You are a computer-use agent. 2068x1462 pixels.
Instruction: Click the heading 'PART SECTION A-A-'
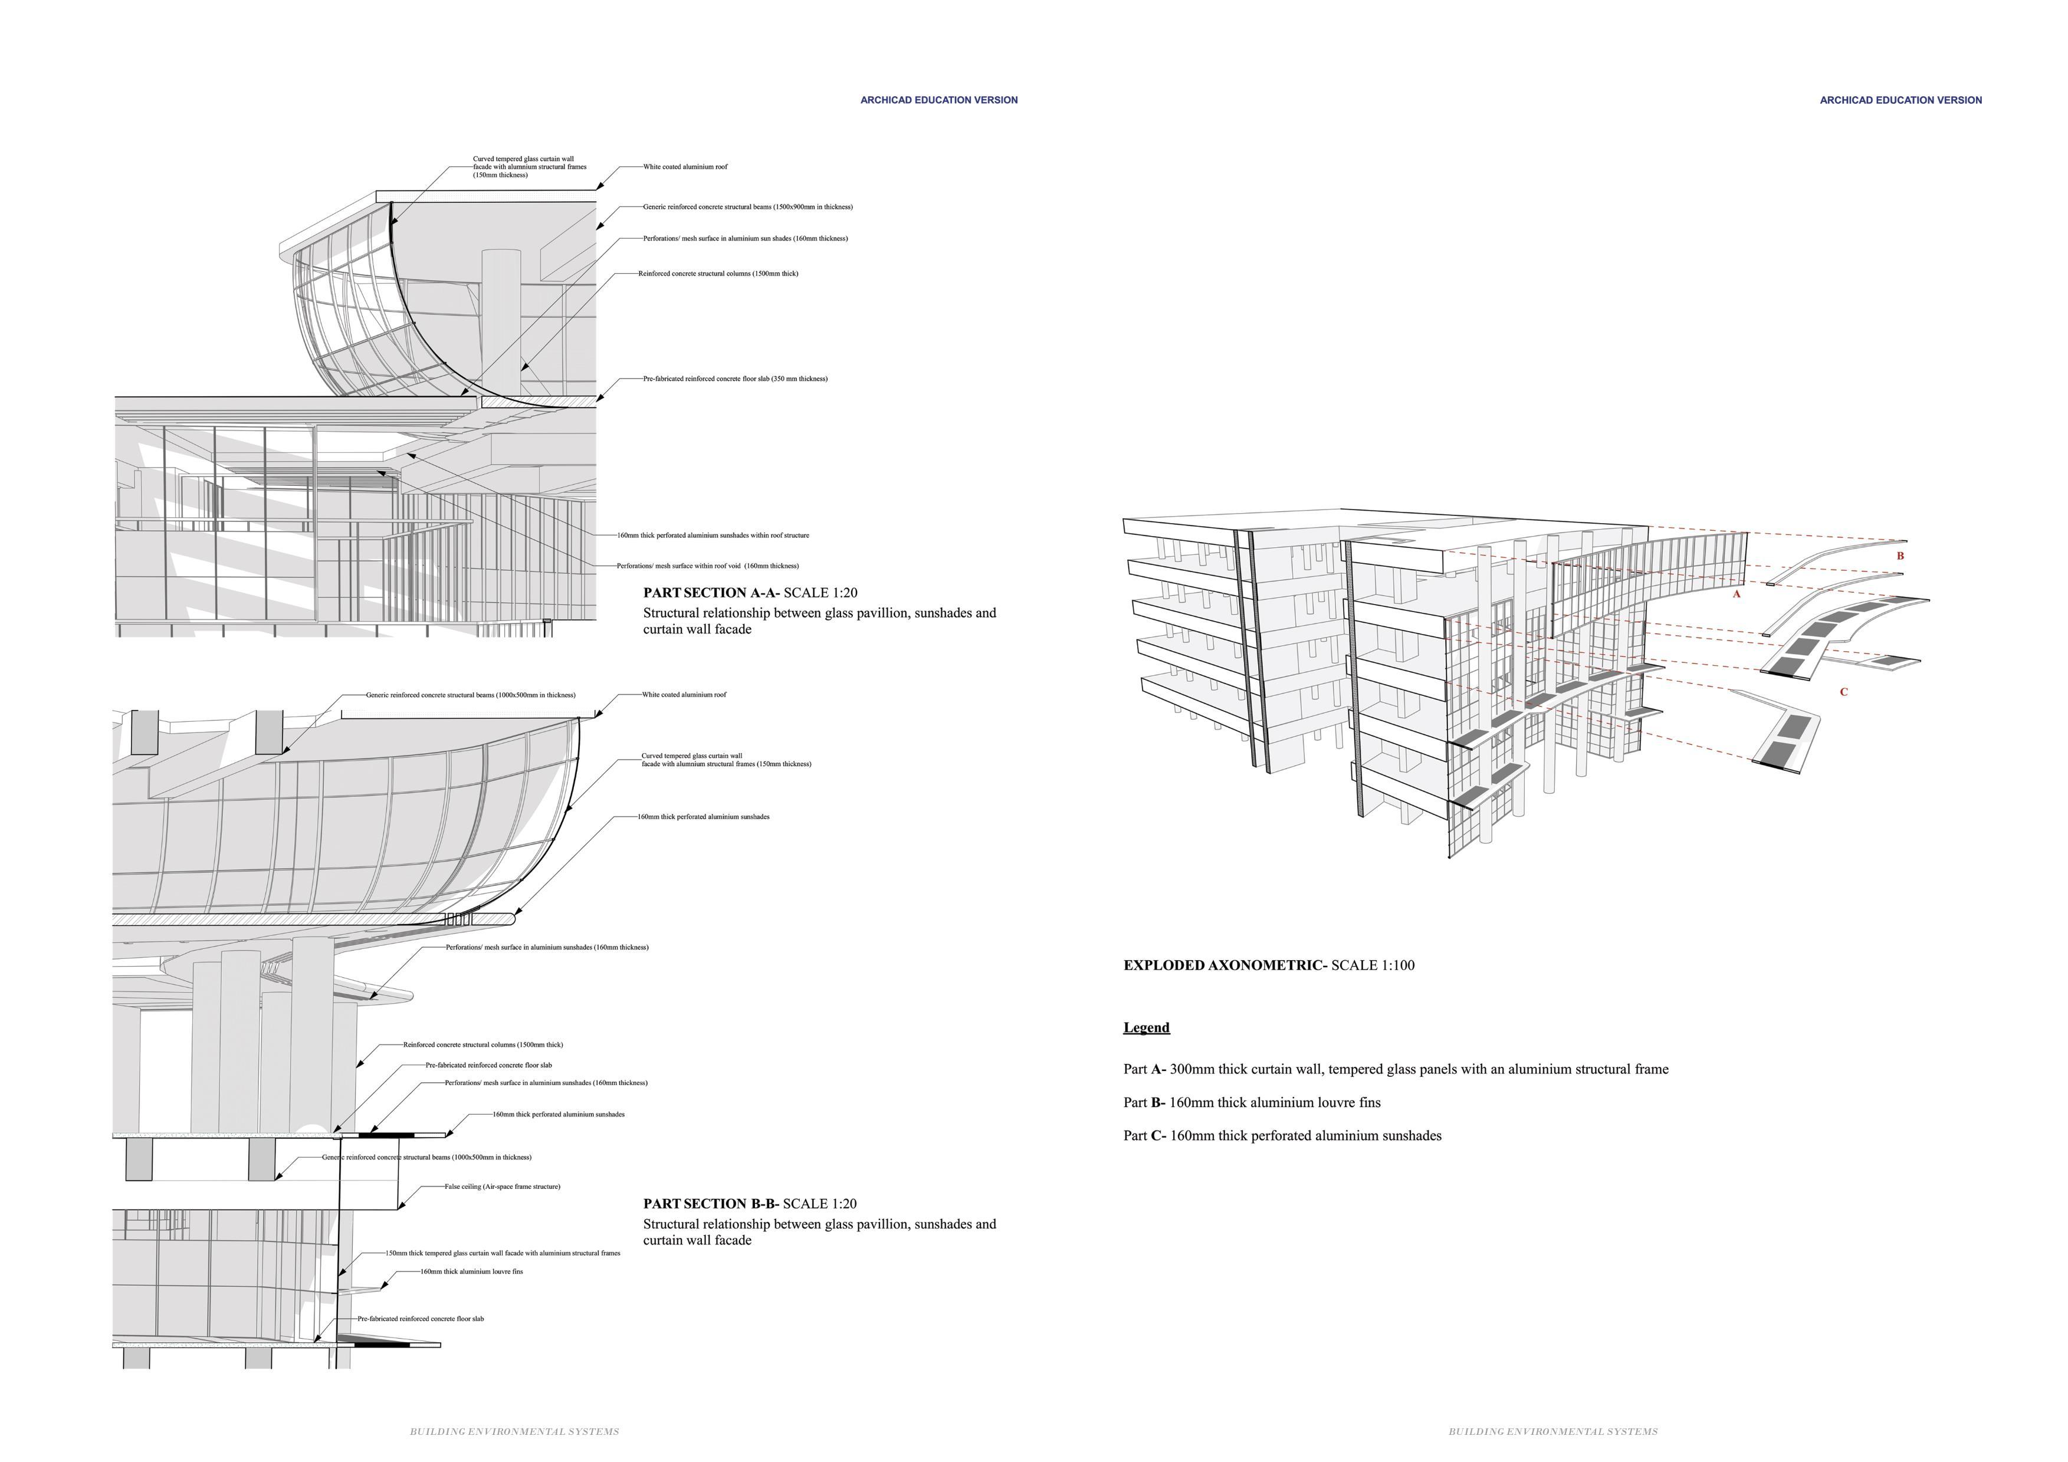(711, 593)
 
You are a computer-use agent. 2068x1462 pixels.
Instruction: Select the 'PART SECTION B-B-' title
(711, 1204)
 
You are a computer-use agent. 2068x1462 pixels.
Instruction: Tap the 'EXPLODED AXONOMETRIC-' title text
(1225, 965)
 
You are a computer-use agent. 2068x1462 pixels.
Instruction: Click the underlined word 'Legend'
(1147, 1028)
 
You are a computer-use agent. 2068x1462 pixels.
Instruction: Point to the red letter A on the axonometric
(1737, 594)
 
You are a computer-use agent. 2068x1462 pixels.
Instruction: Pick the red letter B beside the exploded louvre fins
(1900, 556)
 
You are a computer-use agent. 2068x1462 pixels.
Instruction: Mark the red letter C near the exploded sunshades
(1844, 692)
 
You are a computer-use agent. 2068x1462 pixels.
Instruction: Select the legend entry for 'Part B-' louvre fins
(1252, 1103)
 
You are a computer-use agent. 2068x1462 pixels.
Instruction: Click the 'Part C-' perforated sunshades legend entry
(1282, 1136)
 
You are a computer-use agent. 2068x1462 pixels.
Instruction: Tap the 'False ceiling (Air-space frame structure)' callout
(502, 1187)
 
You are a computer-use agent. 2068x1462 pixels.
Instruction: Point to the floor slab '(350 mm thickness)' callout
(735, 379)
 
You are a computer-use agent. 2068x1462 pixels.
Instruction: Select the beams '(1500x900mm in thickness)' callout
(747, 207)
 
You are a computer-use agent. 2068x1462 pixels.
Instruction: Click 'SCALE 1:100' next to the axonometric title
(1373, 965)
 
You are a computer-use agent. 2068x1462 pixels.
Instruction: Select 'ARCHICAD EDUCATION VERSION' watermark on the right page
(1900, 101)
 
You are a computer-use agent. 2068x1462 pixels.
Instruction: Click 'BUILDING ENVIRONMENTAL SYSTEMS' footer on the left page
(514, 1431)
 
